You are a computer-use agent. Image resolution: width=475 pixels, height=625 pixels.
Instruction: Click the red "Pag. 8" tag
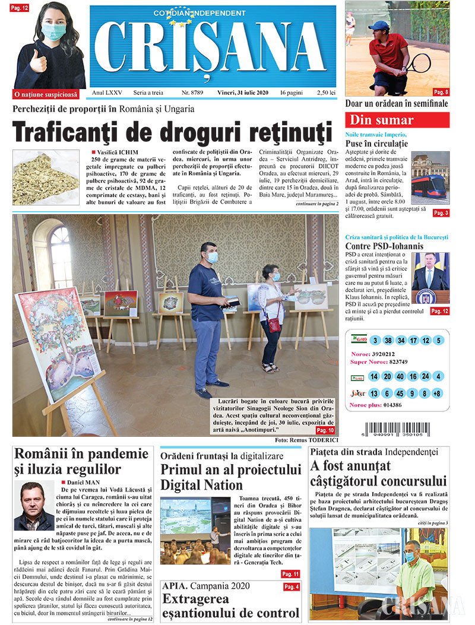[441, 92]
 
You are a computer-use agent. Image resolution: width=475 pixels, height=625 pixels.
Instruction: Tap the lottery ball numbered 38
[388, 341]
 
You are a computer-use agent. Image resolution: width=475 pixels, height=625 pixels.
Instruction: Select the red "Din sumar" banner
[397, 120]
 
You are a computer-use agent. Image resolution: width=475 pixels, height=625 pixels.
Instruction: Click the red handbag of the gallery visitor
[274, 325]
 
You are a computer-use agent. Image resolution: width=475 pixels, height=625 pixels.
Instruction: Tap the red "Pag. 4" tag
[292, 587]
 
